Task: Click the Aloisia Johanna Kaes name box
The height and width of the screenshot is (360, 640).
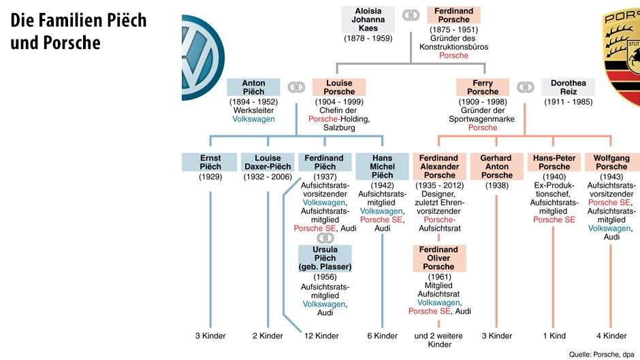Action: pos(368,20)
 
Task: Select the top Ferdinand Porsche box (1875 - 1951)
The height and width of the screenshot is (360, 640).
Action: pos(453,16)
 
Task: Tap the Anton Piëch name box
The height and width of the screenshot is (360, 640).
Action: pos(253,87)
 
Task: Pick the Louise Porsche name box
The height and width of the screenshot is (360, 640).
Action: pos(338,87)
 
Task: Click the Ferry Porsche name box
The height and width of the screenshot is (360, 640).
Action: pos(483,87)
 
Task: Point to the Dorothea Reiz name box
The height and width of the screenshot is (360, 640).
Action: pos(568,87)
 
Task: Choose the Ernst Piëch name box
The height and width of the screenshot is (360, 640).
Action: pos(210,162)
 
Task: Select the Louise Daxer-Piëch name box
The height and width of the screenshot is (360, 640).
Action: pos(267,162)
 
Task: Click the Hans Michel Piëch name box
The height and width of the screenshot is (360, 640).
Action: pos(382,166)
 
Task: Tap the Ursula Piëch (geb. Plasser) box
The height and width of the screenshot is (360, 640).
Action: pos(325,258)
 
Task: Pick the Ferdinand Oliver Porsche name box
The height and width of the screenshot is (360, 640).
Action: pos(438,258)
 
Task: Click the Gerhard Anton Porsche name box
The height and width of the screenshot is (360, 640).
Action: pos(496,166)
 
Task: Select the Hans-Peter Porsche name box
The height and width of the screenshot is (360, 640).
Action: pos(554,162)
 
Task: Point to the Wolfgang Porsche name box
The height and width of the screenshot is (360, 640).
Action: pos(611,162)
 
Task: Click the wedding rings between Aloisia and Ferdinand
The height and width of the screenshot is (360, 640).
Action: pos(411,16)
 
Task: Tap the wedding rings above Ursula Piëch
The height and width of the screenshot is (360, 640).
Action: pos(325,238)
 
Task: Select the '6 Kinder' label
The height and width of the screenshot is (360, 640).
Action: pos(382,336)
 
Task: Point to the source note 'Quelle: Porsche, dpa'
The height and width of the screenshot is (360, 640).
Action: pos(602,354)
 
